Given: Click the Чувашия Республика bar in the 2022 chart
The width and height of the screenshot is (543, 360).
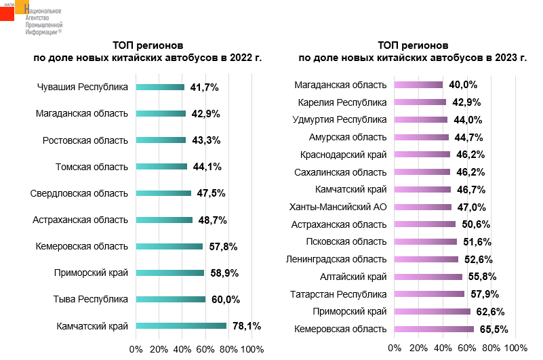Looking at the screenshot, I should pyautogui.click(x=160, y=87).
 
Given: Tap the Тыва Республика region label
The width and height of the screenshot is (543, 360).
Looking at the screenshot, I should pyautogui.click(x=91, y=299).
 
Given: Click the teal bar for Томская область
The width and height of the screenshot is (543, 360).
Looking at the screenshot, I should pyautogui.click(x=161, y=167).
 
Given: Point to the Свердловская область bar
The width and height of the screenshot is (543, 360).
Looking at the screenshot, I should pyautogui.click(x=163, y=193).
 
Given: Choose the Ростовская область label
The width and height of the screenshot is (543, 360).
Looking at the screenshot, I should pyautogui.click(x=85, y=140).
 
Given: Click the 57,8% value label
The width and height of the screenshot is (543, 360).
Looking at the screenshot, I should pyautogui.click(x=223, y=247).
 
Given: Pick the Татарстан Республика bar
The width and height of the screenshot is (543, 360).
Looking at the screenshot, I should pyautogui.click(x=429, y=294).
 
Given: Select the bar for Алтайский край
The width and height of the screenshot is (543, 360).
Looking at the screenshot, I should pyautogui.click(x=428, y=277).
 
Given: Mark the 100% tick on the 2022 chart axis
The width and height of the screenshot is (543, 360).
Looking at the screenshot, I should pyautogui.click(x=252, y=348).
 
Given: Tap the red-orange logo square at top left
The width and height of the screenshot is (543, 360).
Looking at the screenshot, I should pyautogui.click(x=7, y=13).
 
